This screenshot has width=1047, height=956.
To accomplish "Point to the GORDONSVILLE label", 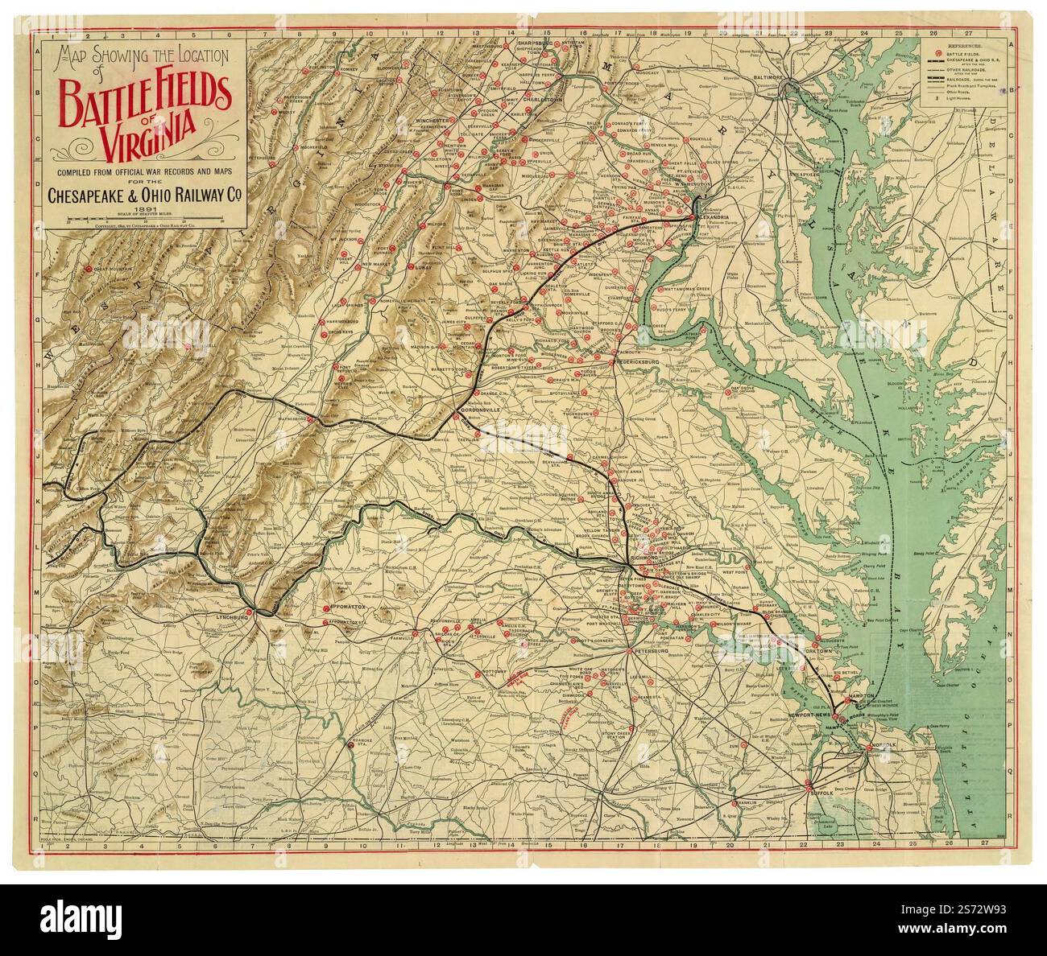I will (481, 409).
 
